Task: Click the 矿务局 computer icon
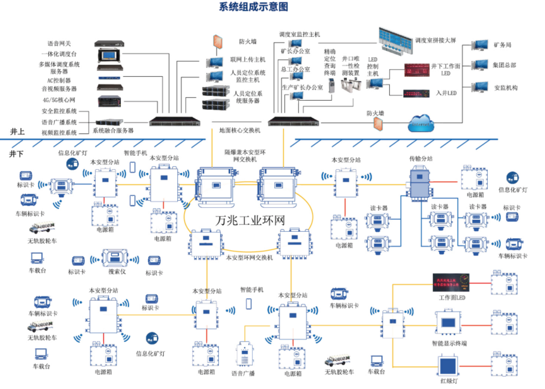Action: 479,45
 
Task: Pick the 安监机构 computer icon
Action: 479,86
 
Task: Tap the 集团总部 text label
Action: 505,65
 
